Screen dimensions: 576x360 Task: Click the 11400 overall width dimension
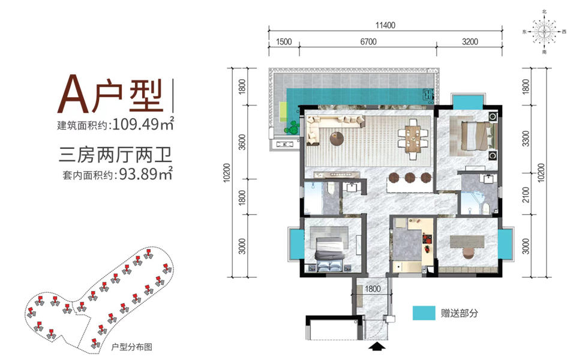385,25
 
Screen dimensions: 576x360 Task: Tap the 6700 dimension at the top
368,42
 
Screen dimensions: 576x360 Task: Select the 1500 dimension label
284,42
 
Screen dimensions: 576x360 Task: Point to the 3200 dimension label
470,42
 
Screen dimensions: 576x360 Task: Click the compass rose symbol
544,32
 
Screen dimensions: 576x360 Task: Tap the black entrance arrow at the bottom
377,346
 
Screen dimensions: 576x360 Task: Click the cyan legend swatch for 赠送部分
424,313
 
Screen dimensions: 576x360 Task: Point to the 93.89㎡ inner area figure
145,173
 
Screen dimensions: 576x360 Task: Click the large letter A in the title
73,94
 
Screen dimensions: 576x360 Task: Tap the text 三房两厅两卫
115,154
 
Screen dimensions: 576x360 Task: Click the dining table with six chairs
413,139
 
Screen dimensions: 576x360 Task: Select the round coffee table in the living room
337,139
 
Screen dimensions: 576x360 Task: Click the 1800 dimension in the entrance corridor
373,289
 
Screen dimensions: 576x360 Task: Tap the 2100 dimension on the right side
526,194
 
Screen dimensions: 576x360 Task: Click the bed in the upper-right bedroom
476,136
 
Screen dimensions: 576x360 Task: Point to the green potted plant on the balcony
292,128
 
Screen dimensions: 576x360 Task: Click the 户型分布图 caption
131,347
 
